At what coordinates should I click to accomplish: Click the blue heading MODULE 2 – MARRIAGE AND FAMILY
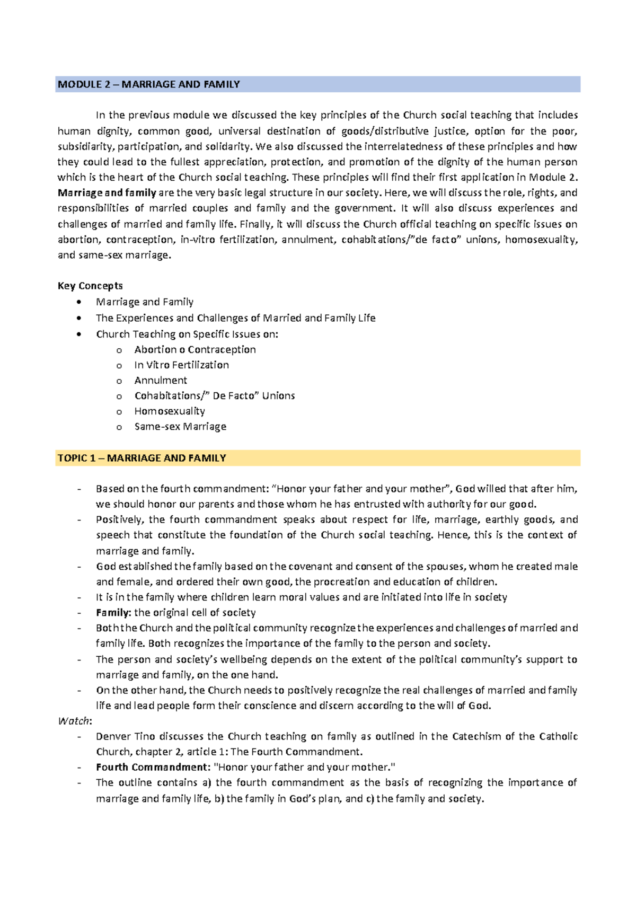click(x=149, y=84)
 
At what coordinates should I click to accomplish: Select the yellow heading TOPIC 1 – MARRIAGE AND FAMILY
click(x=142, y=458)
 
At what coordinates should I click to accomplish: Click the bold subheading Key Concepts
click(x=90, y=286)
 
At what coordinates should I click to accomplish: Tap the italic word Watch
click(x=74, y=721)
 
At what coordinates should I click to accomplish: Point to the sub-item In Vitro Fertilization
click(x=181, y=365)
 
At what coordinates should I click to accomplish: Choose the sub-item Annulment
click(x=161, y=380)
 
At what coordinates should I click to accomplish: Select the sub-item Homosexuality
click(x=170, y=411)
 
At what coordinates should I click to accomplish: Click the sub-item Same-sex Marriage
click(x=180, y=426)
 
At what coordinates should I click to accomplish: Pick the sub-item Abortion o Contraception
click(x=195, y=349)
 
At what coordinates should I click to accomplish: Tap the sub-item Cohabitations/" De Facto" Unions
click(x=215, y=395)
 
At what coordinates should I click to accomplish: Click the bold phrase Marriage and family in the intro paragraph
click(x=107, y=193)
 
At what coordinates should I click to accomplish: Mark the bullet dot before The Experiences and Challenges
click(x=79, y=318)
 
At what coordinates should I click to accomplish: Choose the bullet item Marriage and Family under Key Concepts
click(x=145, y=302)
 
